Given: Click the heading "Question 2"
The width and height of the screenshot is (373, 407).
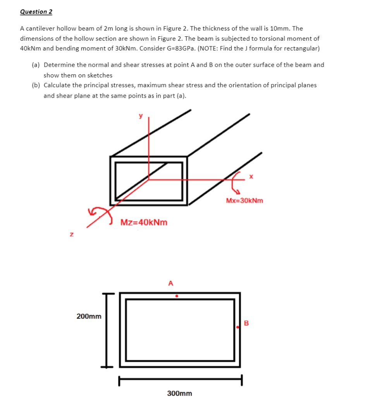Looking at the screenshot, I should pyautogui.click(x=36, y=12).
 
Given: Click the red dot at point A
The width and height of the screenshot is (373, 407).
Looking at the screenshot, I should pyautogui.click(x=177, y=296).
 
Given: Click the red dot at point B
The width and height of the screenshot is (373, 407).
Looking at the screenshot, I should pyautogui.click(x=238, y=328).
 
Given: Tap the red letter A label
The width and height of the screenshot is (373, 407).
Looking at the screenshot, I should pyautogui.click(x=170, y=283).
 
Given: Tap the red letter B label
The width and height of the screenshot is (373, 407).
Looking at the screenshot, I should pyautogui.click(x=246, y=323).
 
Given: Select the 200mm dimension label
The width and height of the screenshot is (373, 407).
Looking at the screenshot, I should pyautogui.click(x=89, y=316).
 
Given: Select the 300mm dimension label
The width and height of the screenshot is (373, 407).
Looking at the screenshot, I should pyautogui.click(x=179, y=393).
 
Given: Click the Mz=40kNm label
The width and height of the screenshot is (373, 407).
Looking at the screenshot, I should pyautogui.click(x=144, y=223).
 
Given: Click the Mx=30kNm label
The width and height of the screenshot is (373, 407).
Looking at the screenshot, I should pyautogui.click(x=244, y=201).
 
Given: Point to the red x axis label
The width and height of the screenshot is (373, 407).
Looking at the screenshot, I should pyautogui.click(x=251, y=177).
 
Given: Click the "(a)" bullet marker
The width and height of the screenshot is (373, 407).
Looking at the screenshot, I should pyautogui.click(x=36, y=65).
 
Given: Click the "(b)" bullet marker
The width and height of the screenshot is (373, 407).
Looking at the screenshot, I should pyautogui.click(x=36, y=85).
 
